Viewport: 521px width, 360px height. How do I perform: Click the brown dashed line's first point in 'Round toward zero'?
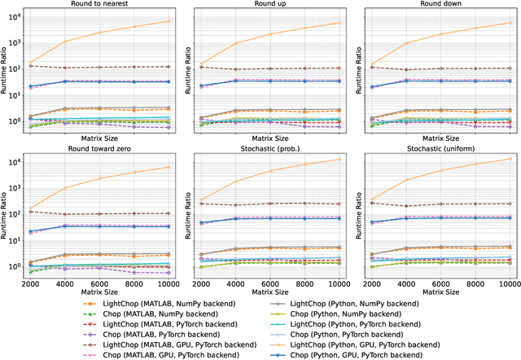29,212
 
